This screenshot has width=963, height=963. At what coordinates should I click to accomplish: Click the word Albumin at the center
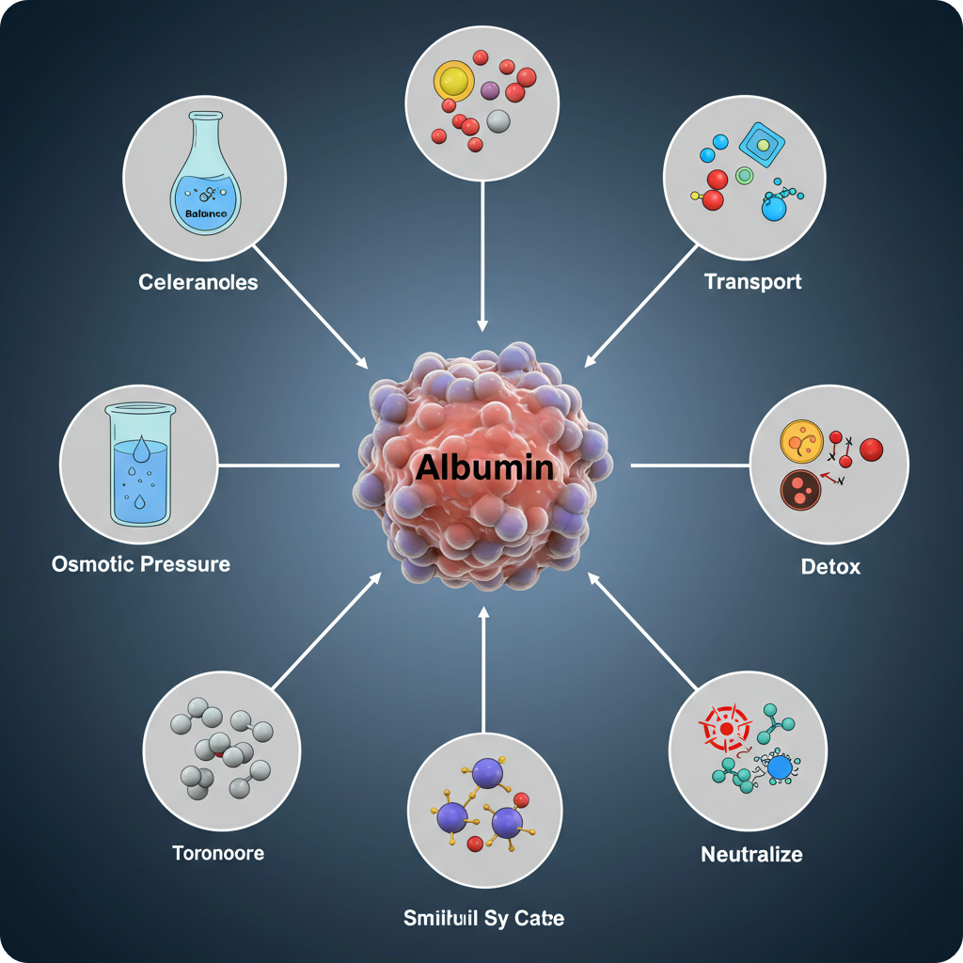[x=483, y=466]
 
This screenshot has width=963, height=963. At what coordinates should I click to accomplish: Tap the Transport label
[x=752, y=281]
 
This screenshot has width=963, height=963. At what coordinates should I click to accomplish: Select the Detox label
[x=830, y=567]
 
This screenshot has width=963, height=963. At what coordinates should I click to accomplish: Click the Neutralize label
[x=751, y=854]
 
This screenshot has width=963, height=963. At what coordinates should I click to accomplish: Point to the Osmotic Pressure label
[x=141, y=564]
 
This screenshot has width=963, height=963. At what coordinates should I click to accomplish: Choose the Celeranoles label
[x=197, y=282]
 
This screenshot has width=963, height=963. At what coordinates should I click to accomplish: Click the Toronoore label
[x=218, y=853]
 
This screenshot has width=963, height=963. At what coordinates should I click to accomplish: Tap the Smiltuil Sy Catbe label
[x=483, y=918]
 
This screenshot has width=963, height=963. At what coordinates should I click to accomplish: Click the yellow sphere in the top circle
[x=451, y=82]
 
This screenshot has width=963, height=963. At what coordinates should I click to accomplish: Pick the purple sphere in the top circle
[x=489, y=90]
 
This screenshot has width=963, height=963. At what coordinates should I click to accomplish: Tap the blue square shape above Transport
[x=761, y=143]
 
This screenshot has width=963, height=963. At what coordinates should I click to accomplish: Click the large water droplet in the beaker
[x=140, y=450]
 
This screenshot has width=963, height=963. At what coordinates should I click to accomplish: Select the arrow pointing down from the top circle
[x=482, y=254]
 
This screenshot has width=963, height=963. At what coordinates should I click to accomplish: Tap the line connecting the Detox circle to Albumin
[x=688, y=465]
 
